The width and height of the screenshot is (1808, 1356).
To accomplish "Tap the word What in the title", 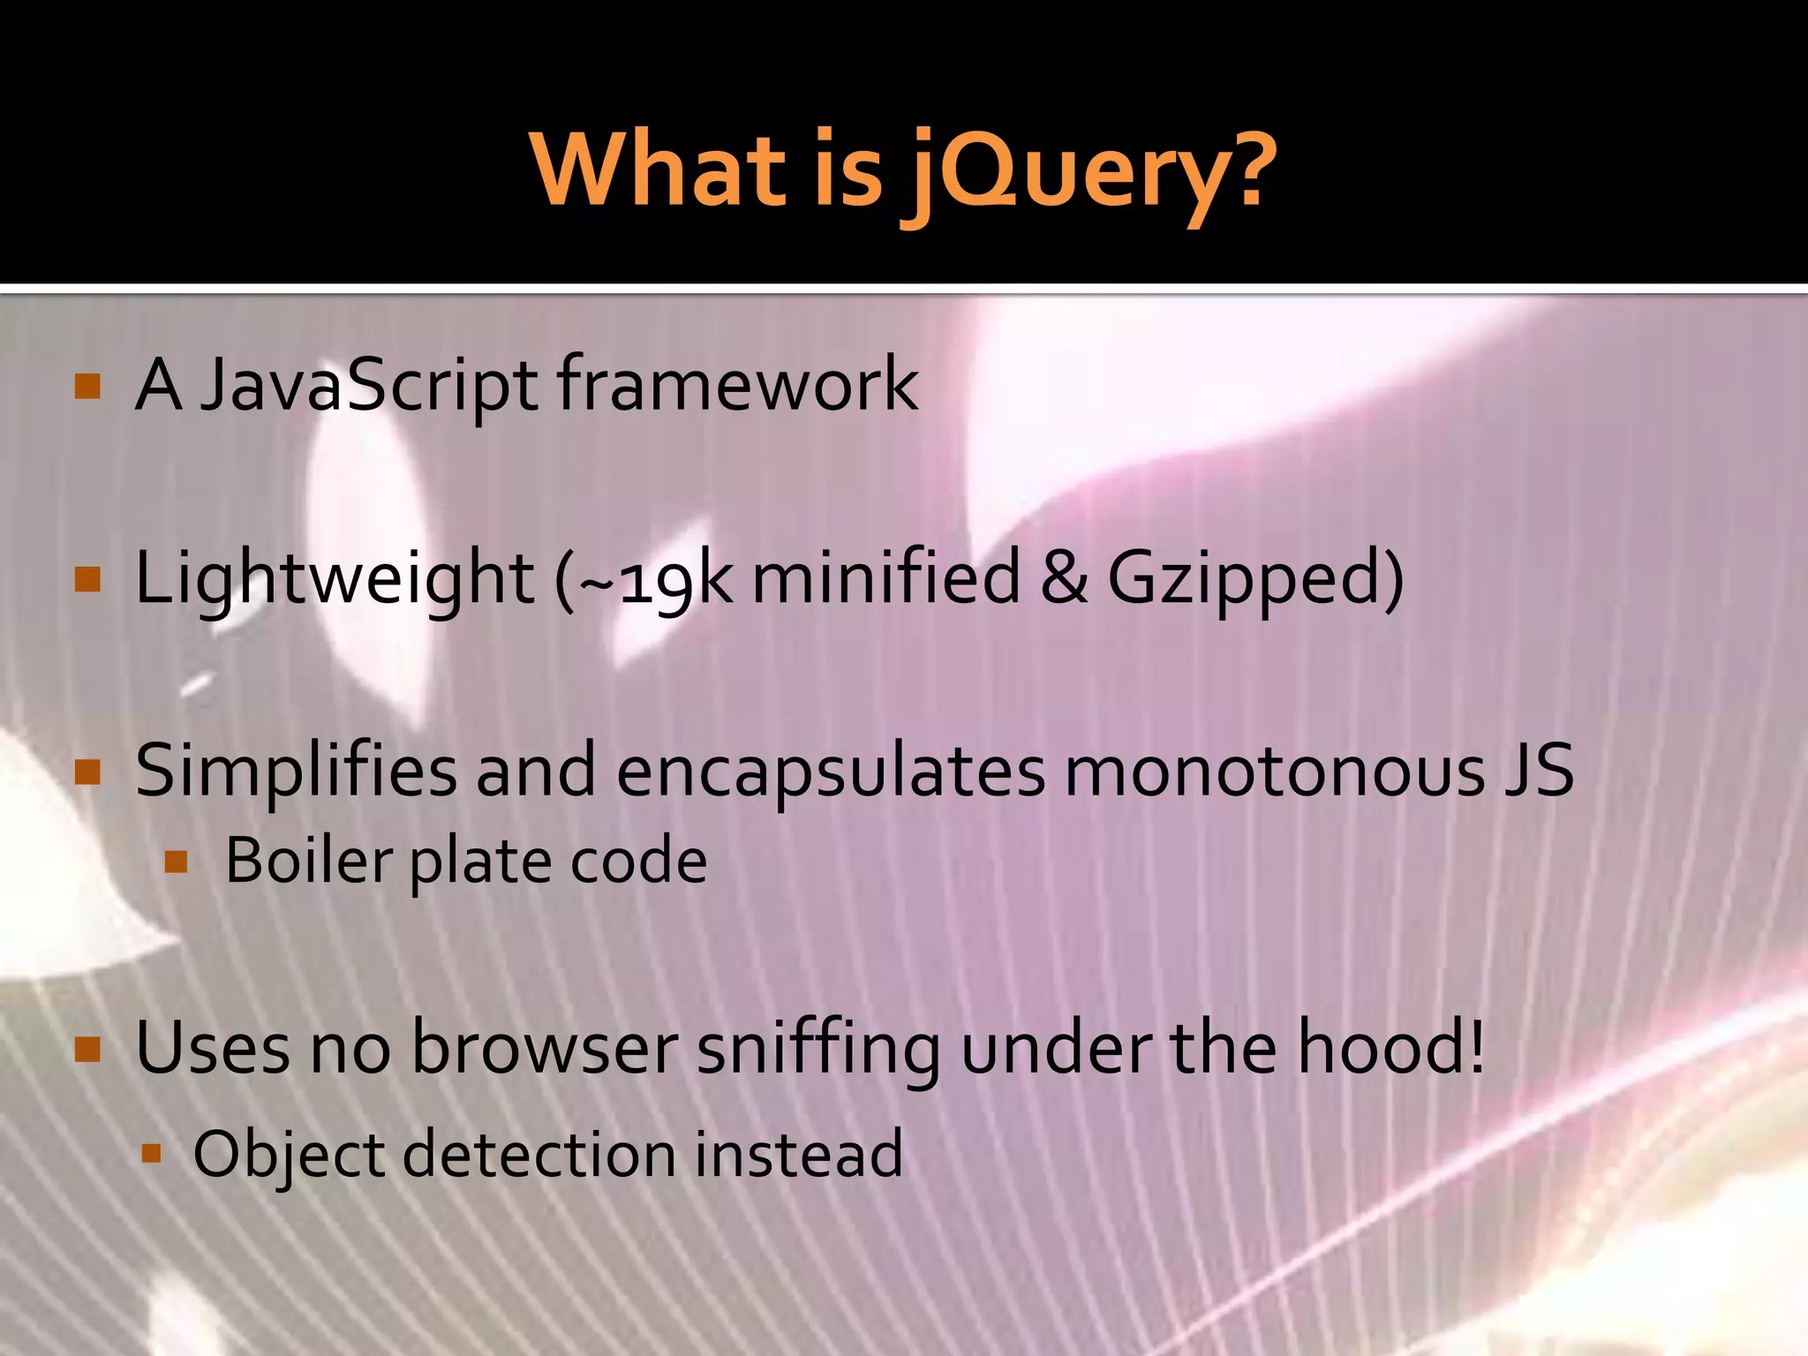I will tap(658, 168).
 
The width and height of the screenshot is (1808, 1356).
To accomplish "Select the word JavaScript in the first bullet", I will tap(369, 386).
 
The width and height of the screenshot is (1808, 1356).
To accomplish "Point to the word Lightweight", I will tap(335, 579).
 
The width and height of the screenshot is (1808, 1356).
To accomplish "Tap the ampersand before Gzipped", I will tap(1065, 578).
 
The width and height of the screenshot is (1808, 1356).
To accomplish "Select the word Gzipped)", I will tap(1254, 579).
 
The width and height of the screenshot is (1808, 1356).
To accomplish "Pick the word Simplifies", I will tap(296, 772).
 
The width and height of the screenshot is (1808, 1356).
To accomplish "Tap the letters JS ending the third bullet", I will tap(1540, 771).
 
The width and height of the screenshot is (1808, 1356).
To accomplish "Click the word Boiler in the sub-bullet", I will tap(308, 861).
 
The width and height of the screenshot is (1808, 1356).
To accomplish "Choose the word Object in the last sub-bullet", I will tap(288, 1155).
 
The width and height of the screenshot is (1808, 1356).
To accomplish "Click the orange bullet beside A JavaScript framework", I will tap(88, 387).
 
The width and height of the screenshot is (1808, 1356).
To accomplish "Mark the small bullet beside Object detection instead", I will tap(151, 1153).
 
